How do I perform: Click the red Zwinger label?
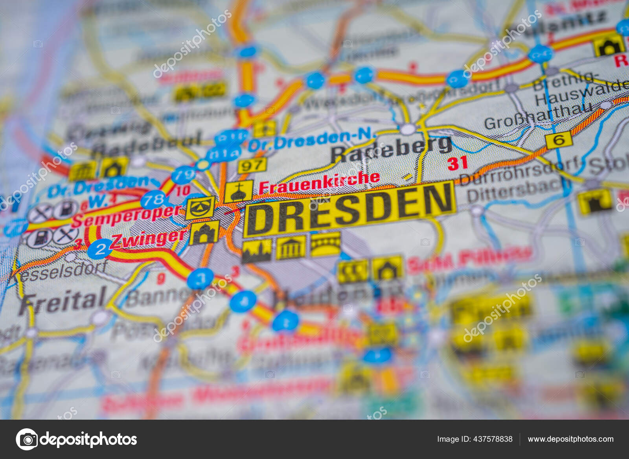pyautogui.click(x=149, y=239)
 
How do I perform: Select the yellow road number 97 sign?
pyautogui.click(x=252, y=165)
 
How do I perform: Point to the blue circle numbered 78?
pyautogui.click(x=153, y=199)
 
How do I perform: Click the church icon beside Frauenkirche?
pyautogui.click(x=238, y=192)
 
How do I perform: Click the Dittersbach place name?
pyautogui.click(x=519, y=191)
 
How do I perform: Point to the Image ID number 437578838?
pyautogui.click(x=475, y=439)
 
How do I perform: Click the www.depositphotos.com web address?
pyautogui.click(x=570, y=439)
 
